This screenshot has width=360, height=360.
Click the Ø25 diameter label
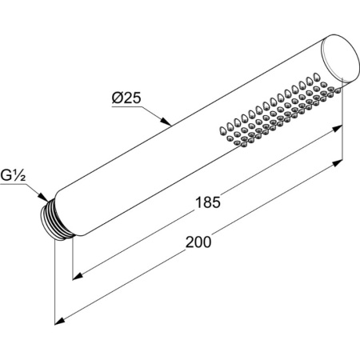point(127,99)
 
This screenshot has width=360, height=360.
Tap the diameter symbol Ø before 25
point(116,99)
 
